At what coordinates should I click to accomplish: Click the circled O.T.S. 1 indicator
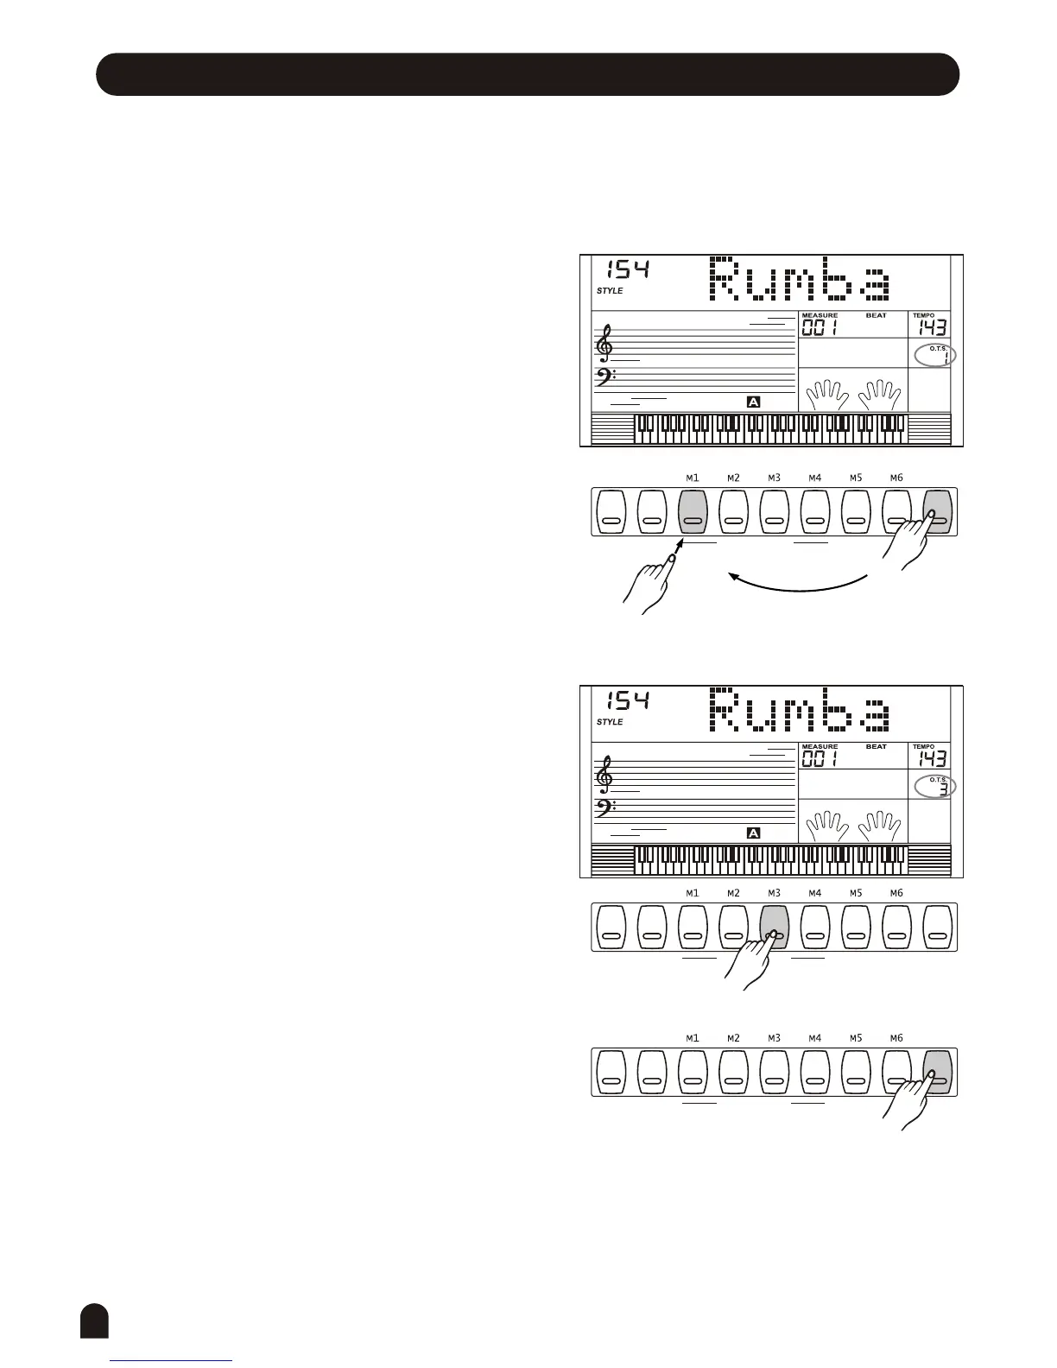point(935,355)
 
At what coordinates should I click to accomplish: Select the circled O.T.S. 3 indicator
point(935,786)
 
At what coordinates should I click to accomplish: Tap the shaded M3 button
point(774,927)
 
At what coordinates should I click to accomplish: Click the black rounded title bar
point(527,73)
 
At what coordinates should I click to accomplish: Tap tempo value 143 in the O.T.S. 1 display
point(932,327)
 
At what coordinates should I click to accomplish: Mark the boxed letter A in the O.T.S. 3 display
point(753,833)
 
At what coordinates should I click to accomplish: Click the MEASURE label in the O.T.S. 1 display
point(819,315)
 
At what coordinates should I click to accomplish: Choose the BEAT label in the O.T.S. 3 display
point(876,746)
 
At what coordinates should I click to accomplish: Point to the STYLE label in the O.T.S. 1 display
point(610,291)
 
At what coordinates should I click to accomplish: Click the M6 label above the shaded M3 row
point(896,893)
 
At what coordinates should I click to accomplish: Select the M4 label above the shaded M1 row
point(814,478)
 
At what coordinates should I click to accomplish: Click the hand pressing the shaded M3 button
point(748,963)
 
